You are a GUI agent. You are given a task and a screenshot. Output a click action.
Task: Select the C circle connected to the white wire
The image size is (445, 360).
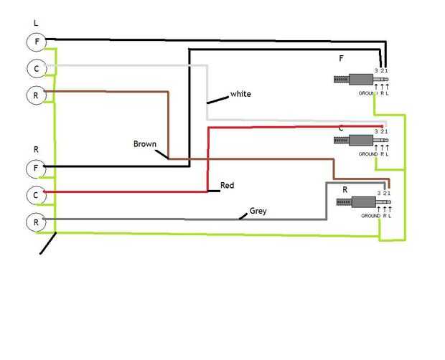36,68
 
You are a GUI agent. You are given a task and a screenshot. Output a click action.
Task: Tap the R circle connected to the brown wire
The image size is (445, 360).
36,94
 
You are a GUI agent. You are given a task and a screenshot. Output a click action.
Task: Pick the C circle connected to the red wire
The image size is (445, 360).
36,195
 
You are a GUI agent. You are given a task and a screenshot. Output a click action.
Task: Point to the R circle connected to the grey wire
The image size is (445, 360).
36,222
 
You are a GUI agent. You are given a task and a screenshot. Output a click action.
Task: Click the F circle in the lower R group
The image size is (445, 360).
36,169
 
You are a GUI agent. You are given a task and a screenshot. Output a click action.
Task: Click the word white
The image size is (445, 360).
240,94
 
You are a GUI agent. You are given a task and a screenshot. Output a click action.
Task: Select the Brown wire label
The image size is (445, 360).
144,143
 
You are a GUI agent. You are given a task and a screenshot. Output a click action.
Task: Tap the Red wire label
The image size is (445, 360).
227,186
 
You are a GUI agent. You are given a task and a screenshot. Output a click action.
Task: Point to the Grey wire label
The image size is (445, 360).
258,212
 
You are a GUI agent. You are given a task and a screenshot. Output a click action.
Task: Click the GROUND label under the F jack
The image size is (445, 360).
367,93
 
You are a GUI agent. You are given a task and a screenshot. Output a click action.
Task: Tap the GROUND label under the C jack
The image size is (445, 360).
367,154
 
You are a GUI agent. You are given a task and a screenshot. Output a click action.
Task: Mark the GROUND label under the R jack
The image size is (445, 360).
370,216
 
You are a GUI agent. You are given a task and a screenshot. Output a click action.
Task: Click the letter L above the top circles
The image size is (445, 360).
36,24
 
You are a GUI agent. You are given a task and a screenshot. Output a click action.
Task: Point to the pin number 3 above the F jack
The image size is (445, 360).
376,70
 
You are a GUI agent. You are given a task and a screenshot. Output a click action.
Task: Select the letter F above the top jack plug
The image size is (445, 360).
341,57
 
